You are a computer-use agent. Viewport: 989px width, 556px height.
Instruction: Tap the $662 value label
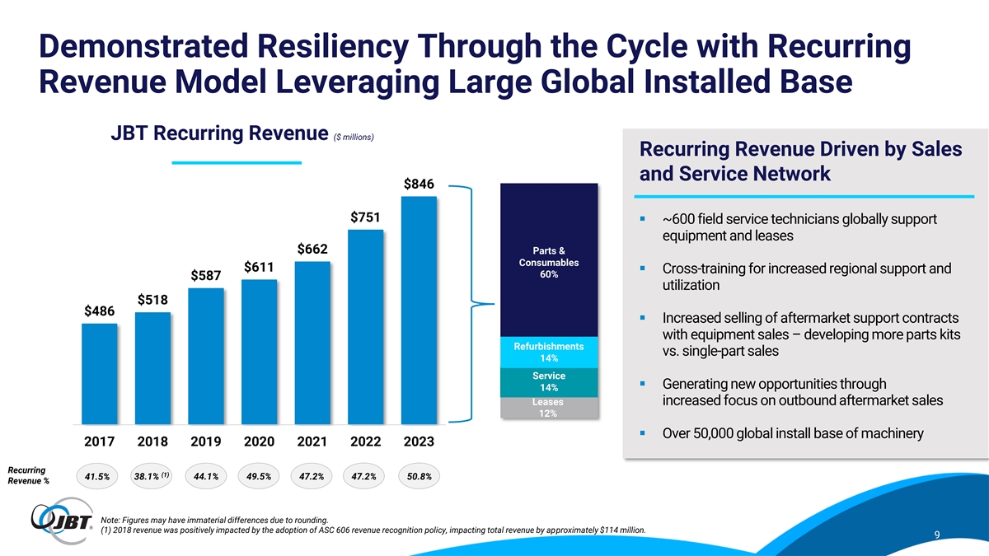[x=313, y=250]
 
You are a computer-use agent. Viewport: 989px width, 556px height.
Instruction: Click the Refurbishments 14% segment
[x=548, y=353]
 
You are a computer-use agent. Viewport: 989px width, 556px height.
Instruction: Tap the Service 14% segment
[x=548, y=382]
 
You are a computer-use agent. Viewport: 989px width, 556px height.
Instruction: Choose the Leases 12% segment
[x=548, y=408]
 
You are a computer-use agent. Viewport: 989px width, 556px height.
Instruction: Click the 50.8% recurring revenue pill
[x=419, y=476]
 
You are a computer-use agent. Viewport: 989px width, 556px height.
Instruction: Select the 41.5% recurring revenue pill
[x=97, y=476]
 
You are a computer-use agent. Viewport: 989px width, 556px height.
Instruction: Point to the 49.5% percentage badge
[x=258, y=476]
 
